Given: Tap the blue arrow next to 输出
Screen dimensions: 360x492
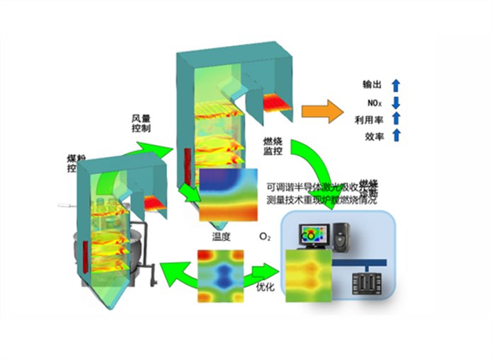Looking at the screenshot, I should click(396, 86).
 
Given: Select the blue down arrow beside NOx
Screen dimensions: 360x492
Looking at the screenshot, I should click(396, 103).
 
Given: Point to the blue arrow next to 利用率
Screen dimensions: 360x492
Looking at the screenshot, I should click(396, 120).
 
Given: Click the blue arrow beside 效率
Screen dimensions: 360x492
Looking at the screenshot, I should click(396, 136).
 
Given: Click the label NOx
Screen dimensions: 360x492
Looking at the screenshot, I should click(374, 103).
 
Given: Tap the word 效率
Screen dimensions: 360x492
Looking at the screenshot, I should click(374, 137).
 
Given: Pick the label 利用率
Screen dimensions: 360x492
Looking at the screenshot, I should click(370, 120).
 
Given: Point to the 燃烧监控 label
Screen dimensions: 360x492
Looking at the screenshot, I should click(273, 147).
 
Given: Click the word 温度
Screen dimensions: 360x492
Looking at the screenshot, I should click(222, 236).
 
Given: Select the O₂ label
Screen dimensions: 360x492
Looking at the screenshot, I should click(265, 236).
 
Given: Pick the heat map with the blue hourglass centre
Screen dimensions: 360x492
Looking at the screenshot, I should click(220, 274).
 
